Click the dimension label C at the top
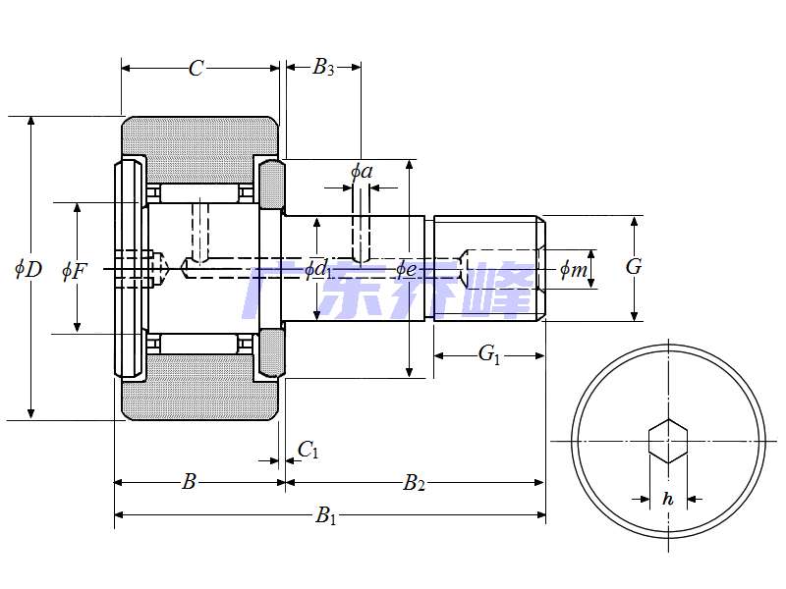pyautogui.click(x=196, y=68)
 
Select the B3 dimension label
pyautogui.click(x=323, y=68)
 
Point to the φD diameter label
pyautogui.click(x=28, y=268)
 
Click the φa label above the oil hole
pyautogui.click(x=362, y=172)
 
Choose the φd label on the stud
pyautogui.click(x=315, y=268)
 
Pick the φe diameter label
pyautogui.click(x=407, y=268)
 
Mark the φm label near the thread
pyautogui.click(x=574, y=268)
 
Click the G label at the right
pyautogui.click(x=634, y=266)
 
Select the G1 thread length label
pyautogui.click(x=489, y=354)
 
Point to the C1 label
pyautogui.click(x=309, y=450)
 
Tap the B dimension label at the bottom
pyautogui.click(x=190, y=481)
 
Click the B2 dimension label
pyautogui.click(x=415, y=482)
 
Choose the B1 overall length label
pyautogui.click(x=326, y=516)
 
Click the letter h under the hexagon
pyautogui.click(x=668, y=499)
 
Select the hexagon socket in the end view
pyautogui.click(x=668, y=441)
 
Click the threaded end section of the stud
pyautogui.click(x=488, y=267)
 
